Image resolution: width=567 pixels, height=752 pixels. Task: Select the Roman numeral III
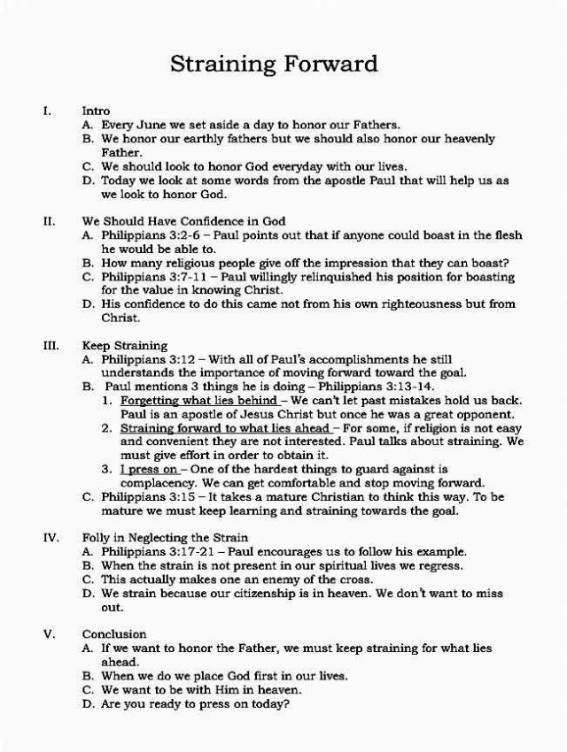pos(50,345)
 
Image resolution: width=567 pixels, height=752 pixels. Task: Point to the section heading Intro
pos(96,111)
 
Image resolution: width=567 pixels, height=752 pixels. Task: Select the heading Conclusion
pos(114,634)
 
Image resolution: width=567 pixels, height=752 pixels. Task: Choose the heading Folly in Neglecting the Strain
pos(165,537)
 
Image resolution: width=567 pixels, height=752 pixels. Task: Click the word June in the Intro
pos(155,126)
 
